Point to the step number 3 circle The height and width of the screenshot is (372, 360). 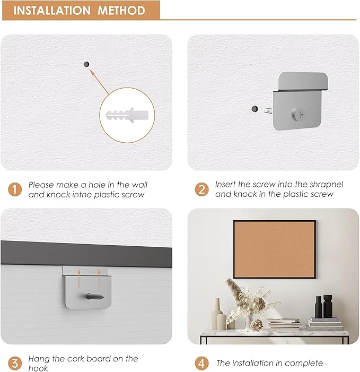click(x=14, y=364)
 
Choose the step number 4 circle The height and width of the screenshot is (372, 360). click(x=201, y=364)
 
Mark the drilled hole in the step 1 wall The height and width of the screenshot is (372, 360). click(x=86, y=64)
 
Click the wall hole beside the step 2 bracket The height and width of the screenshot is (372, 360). click(x=254, y=109)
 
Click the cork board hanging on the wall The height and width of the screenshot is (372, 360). click(x=274, y=249)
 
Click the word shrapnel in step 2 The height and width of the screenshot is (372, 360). click(x=326, y=185)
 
